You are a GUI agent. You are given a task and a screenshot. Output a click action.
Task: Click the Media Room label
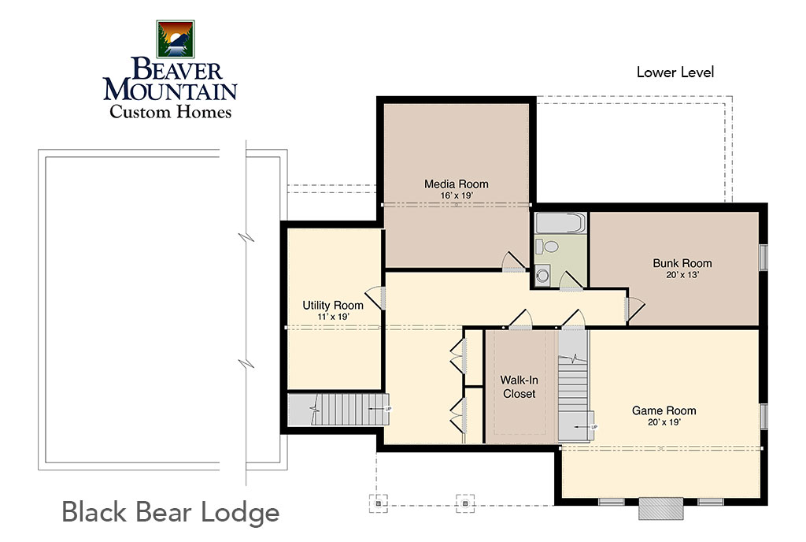(x=456, y=184)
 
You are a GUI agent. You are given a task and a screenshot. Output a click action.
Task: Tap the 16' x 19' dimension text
(x=456, y=196)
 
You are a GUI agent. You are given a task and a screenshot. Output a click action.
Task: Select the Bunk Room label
(x=682, y=263)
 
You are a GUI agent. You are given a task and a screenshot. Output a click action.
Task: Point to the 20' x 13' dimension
(x=682, y=275)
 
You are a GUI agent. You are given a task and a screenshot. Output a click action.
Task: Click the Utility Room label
(x=333, y=306)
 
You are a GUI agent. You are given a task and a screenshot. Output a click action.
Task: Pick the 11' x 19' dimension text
(x=333, y=317)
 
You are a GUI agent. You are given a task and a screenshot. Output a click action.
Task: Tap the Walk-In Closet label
(x=519, y=387)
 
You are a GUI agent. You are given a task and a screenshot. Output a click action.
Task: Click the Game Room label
(x=664, y=410)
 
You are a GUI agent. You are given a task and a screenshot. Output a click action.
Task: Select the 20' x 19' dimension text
(x=664, y=422)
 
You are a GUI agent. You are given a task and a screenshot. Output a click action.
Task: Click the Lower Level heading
(x=675, y=72)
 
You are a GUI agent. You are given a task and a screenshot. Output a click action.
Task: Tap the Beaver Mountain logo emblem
(x=176, y=39)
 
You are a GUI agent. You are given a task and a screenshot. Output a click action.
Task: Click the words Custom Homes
(x=170, y=112)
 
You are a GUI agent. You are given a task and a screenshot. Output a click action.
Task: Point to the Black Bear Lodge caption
(x=171, y=512)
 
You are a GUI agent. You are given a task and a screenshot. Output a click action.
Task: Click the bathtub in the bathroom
(x=560, y=223)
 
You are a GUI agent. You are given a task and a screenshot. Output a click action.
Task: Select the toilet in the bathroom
(x=547, y=247)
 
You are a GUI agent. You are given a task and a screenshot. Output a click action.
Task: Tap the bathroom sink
(x=542, y=275)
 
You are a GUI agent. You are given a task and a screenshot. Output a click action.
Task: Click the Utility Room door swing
(x=375, y=298)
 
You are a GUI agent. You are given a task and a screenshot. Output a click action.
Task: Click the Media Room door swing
(x=514, y=262)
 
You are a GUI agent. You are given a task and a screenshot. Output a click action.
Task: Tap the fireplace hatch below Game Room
(x=661, y=508)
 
